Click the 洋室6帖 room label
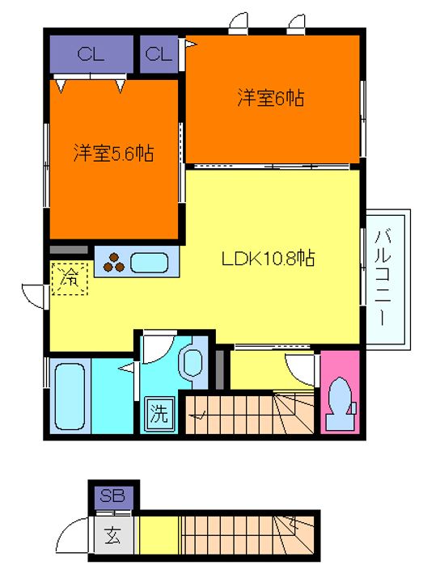[271, 99]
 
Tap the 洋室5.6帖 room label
[114, 153]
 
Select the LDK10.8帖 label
[269, 258]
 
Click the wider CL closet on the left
[91, 54]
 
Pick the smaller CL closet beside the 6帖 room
[159, 54]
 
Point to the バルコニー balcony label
[383, 278]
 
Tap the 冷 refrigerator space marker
[70, 278]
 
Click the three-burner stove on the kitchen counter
[114, 262]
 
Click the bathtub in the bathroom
[70, 396]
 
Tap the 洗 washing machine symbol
[159, 414]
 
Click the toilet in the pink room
[341, 403]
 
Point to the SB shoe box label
[112, 496]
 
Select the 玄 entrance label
[112, 535]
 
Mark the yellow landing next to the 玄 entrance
[159, 535]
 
